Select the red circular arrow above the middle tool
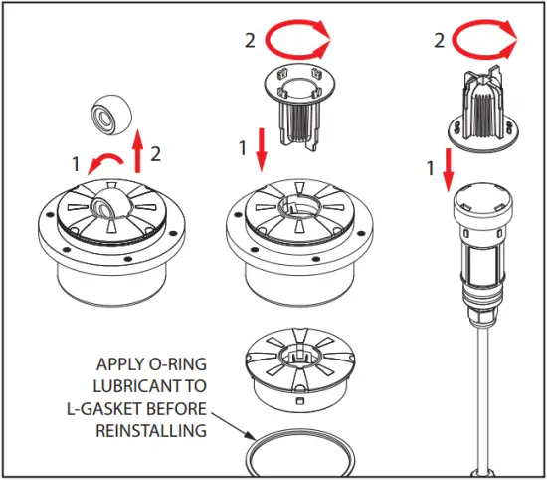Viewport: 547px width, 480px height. pyautogui.click(x=298, y=43)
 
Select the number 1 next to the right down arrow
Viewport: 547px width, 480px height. pyautogui.click(x=431, y=169)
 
